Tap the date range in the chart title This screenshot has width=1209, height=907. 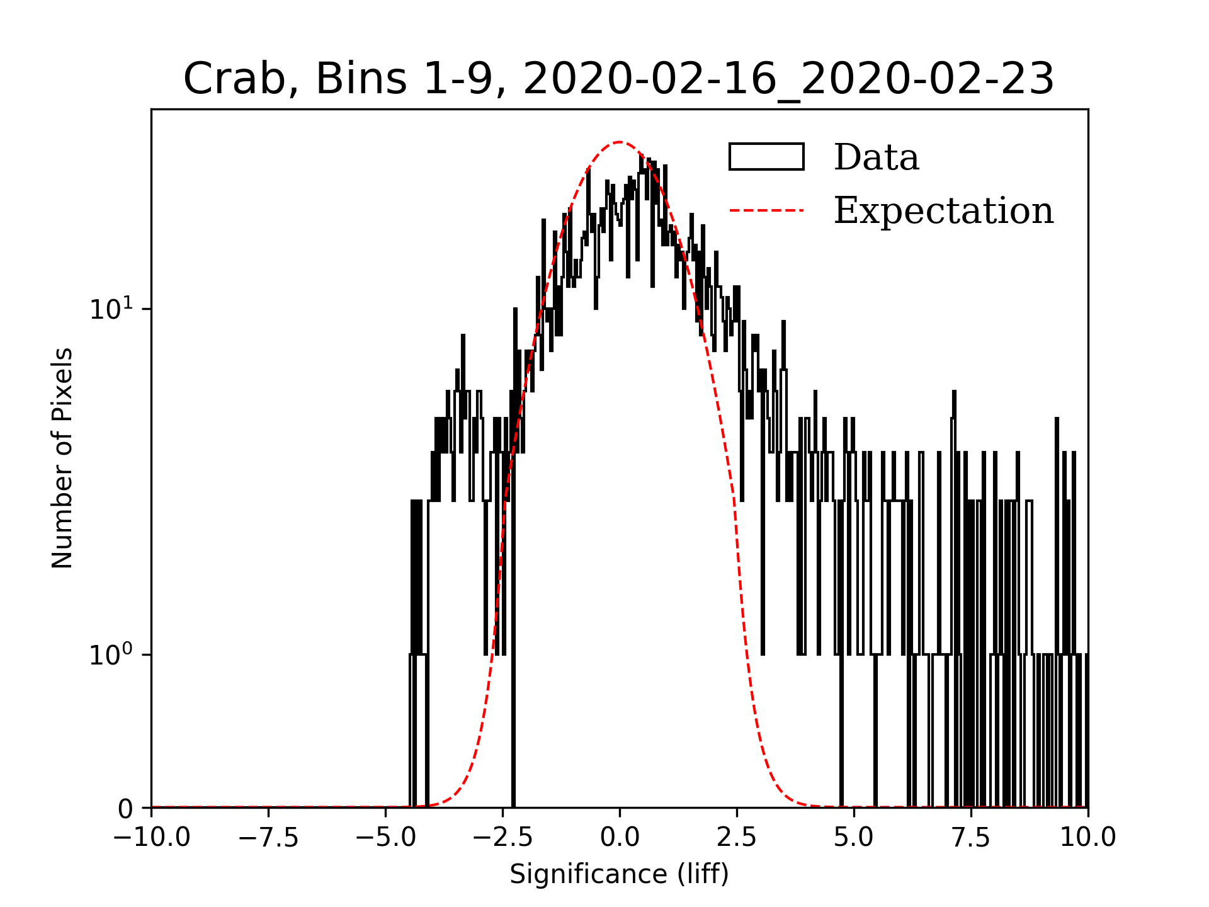[788, 79]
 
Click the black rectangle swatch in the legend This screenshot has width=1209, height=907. [766, 157]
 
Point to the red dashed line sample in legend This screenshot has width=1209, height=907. [766, 210]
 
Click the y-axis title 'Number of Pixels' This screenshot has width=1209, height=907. [62, 458]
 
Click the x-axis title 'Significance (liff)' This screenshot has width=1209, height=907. [619, 874]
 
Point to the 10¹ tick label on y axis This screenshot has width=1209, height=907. [111, 309]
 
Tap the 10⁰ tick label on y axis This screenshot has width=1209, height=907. [111, 654]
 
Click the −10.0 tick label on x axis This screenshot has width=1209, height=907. [151, 838]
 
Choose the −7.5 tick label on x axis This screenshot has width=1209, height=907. [268, 838]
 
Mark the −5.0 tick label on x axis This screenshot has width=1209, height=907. [385, 838]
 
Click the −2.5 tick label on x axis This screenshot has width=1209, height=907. [502, 838]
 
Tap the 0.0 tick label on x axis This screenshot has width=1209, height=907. [620, 838]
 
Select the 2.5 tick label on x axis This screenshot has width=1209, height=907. [737, 838]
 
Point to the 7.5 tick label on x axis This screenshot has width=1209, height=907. [971, 838]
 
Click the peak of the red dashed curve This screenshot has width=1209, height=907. [620, 142]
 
